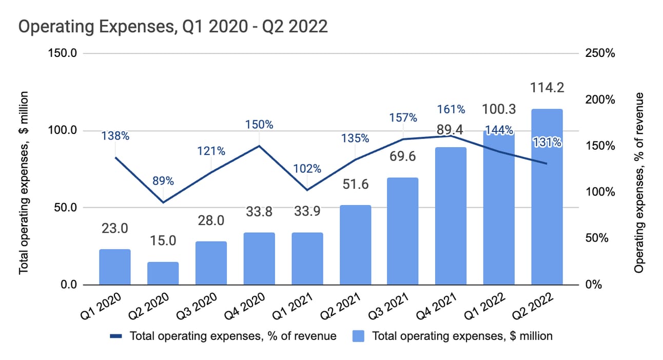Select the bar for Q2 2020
pyautogui.click(x=163, y=273)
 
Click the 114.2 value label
pyautogui.click(x=547, y=87)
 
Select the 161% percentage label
pyautogui.click(x=452, y=109)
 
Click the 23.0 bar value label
pyautogui.click(x=115, y=228)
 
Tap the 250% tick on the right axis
pyautogui.click(x=599, y=53)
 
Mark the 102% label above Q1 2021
pyautogui.click(x=308, y=168)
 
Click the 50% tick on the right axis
pyautogui.click(x=596, y=238)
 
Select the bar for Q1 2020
pyautogui.click(x=115, y=267)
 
